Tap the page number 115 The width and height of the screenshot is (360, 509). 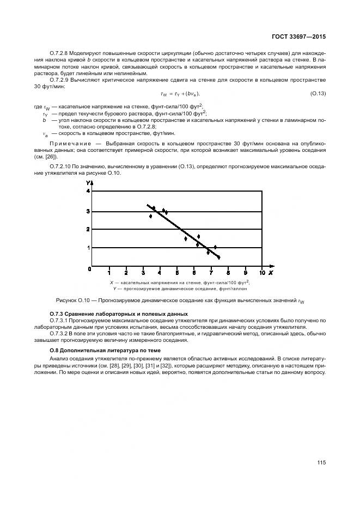321,463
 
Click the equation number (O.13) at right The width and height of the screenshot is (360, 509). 318,94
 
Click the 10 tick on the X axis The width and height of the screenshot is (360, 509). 262,273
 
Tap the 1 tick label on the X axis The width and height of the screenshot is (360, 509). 109,273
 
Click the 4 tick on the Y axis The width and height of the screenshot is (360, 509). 88,192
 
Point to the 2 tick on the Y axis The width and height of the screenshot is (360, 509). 88,229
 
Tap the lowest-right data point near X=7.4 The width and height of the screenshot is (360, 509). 218,257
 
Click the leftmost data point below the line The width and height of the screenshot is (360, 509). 151,216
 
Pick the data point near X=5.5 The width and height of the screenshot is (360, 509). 186,238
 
